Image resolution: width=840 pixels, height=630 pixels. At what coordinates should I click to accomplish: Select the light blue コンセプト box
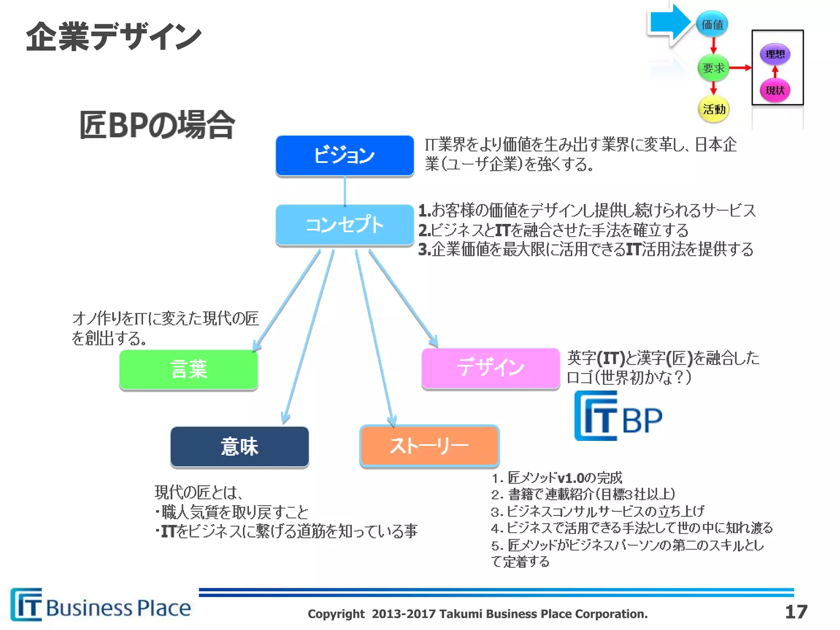(x=345, y=225)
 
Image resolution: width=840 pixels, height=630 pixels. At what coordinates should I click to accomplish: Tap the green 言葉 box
(x=189, y=369)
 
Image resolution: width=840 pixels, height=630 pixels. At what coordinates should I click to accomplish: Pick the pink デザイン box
(x=491, y=367)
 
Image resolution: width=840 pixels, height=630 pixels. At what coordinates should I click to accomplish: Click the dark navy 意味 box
(x=240, y=446)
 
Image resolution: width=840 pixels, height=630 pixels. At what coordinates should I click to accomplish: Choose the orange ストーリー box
(x=429, y=446)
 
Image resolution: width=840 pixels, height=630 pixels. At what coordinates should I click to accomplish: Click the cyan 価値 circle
(x=712, y=25)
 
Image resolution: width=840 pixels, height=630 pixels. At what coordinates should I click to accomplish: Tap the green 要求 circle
(x=713, y=68)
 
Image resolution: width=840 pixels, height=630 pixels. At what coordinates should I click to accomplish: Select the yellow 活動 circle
(x=714, y=109)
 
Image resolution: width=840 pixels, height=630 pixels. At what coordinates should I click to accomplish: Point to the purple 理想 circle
(x=775, y=54)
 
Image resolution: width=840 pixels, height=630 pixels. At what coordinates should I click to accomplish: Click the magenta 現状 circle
(x=775, y=90)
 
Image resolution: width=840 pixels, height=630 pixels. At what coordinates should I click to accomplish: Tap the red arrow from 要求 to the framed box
(x=740, y=68)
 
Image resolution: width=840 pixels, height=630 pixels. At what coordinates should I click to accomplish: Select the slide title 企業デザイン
(x=114, y=37)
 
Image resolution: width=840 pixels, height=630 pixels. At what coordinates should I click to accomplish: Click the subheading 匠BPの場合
(x=157, y=125)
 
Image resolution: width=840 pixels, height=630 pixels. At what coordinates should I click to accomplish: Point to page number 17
(x=796, y=612)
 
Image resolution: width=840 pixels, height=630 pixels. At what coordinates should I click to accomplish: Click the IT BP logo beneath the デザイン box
(x=618, y=416)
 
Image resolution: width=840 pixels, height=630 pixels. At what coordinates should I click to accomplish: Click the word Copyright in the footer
(x=336, y=614)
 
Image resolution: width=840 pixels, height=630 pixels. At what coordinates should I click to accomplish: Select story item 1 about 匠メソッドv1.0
(x=557, y=478)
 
